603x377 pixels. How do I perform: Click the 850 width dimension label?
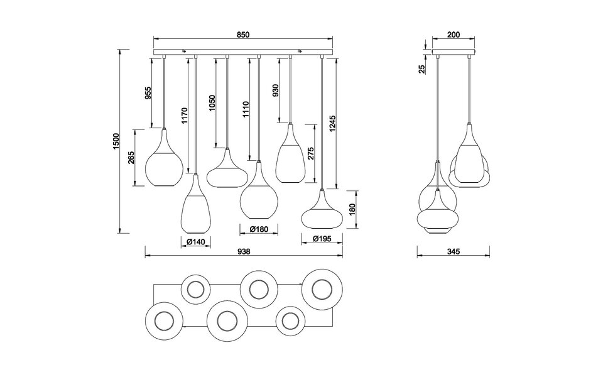(x=242, y=36)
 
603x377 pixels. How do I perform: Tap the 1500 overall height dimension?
(x=114, y=141)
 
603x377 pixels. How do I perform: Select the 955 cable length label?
(x=148, y=93)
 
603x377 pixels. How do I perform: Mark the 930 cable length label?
(x=274, y=91)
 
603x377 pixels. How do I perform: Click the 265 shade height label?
(x=131, y=158)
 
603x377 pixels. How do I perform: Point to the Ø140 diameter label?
(x=195, y=241)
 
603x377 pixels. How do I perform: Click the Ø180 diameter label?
(x=259, y=229)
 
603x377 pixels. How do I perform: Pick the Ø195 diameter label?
(x=322, y=239)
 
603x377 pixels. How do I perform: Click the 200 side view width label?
(x=454, y=36)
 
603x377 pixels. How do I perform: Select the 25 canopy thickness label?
(x=422, y=67)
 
